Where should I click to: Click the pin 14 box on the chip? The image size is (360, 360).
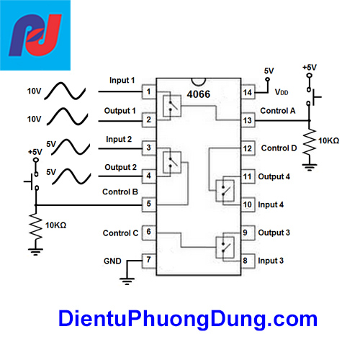coord(248,92)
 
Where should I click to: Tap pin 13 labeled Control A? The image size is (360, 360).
coord(248,120)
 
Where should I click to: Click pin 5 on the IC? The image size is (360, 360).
coord(148,204)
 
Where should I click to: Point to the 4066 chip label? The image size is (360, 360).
coord(199,92)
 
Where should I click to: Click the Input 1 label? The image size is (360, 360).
coord(122,80)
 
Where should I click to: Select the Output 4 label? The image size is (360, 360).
coord(274,176)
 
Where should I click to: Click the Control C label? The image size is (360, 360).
coord(120,233)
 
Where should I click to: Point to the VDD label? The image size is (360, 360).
coord(282,93)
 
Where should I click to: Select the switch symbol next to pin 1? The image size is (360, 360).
coord(171,105)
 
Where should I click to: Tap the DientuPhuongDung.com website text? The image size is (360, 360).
coord(187,318)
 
